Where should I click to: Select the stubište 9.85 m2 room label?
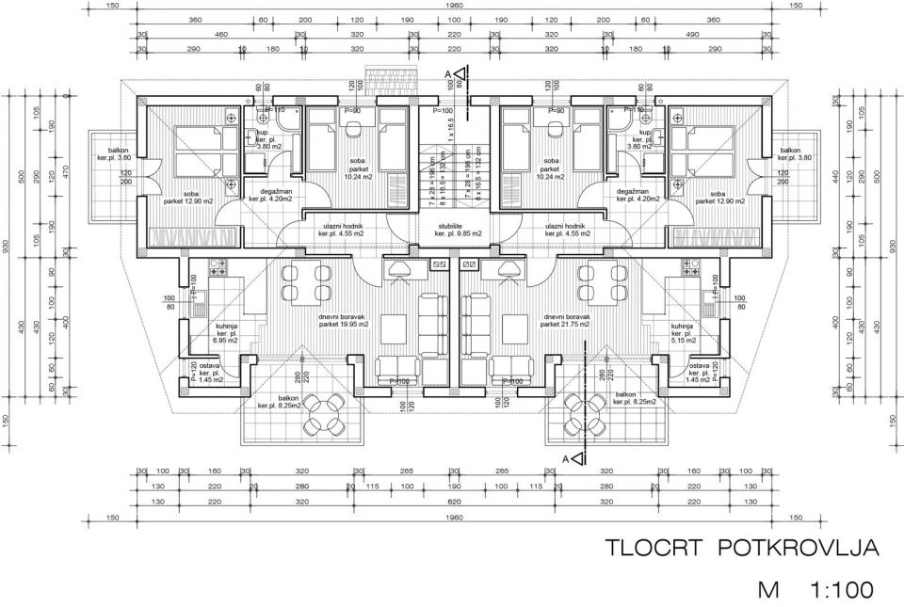coord(460,230)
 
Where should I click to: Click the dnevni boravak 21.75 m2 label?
coord(565,321)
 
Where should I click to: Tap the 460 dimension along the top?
coord(222,33)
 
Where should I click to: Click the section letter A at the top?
coord(447,72)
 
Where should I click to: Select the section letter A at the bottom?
coord(565,457)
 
